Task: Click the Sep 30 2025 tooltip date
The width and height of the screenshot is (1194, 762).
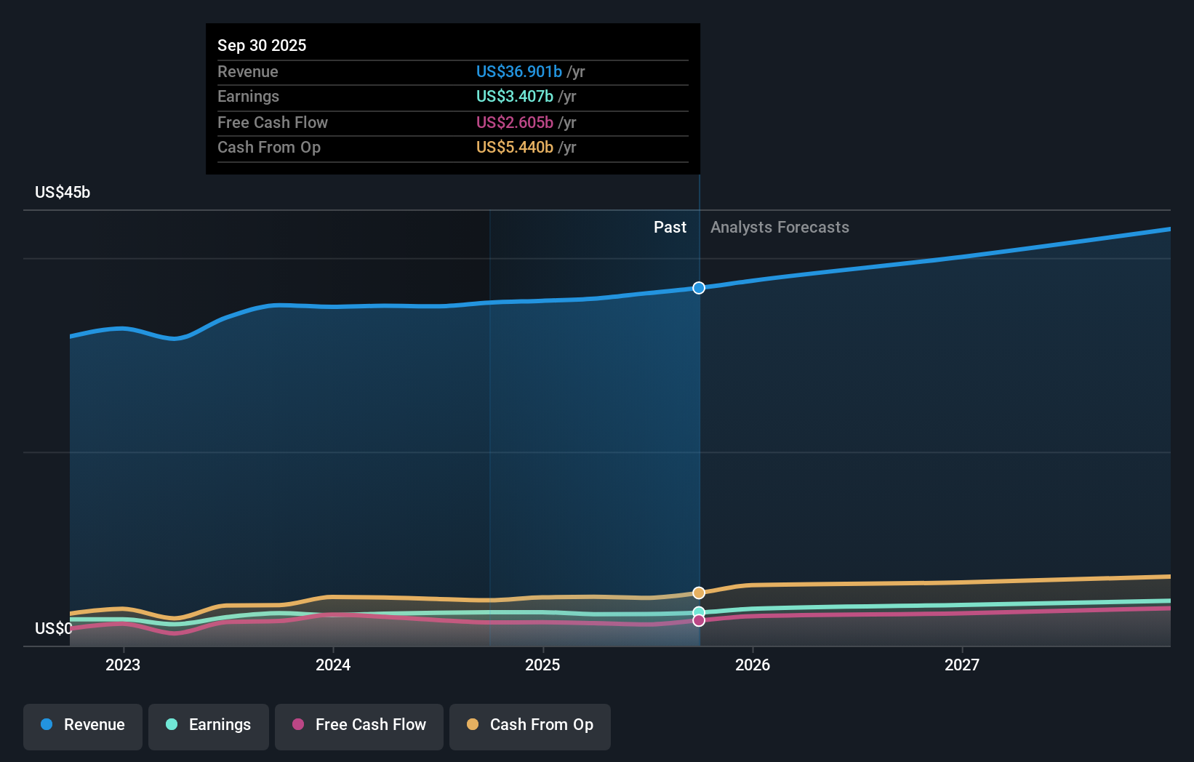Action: (x=262, y=45)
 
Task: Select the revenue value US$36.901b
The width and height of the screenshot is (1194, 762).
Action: (x=518, y=71)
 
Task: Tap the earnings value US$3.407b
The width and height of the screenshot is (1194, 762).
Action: (x=514, y=96)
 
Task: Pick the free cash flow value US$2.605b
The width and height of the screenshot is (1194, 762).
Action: (x=514, y=122)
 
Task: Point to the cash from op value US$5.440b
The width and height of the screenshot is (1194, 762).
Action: (x=514, y=147)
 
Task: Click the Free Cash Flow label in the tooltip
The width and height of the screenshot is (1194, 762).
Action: (x=273, y=122)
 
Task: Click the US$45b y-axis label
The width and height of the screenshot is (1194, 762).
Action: (x=63, y=192)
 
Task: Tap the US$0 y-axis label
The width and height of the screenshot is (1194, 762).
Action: (x=53, y=628)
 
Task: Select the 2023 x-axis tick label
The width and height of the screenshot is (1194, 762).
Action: (x=123, y=665)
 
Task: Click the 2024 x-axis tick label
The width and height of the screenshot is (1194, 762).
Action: (x=333, y=665)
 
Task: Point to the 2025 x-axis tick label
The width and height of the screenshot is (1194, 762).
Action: (x=542, y=665)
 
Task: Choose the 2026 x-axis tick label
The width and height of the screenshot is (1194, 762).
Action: (x=753, y=665)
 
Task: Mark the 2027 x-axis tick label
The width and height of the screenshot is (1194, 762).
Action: (x=962, y=665)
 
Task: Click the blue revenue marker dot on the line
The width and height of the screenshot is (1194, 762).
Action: (x=699, y=288)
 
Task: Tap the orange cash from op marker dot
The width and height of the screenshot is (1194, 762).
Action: (x=699, y=593)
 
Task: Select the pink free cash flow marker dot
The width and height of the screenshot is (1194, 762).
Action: (x=699, y=620)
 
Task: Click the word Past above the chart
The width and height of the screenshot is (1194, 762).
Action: (x=670, y=227)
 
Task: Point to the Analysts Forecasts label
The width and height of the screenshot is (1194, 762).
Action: (x=780, y=227)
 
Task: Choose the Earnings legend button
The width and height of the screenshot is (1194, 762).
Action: (x=209, y=725)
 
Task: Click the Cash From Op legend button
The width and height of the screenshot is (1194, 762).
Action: (x=530, y=725)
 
